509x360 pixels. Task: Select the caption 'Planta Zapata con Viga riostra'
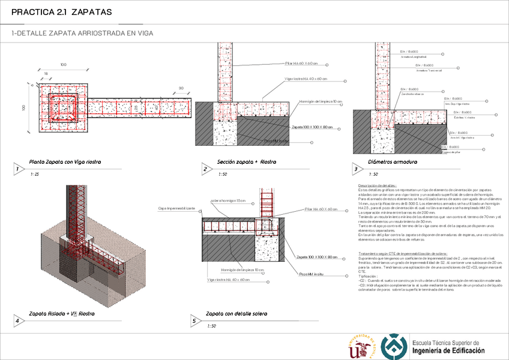pyautogui.click(x=65, y=162)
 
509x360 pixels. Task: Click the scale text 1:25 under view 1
pyautogui.click(x=35, y=174)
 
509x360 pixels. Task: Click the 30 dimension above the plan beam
pyautogui.click(x=180, y=88)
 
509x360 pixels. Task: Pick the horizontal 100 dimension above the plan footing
pyautogui.click(x=63, y=64)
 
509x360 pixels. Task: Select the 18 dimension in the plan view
pyautogui.click(x=46, y=73)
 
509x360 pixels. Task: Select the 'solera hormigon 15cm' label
pyautogui.click(x=228, y=200)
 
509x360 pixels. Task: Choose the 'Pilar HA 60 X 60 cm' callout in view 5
pyautogui.click(x=322, y=209)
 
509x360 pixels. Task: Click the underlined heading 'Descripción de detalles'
pyautogui.click(x=377, y=186)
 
